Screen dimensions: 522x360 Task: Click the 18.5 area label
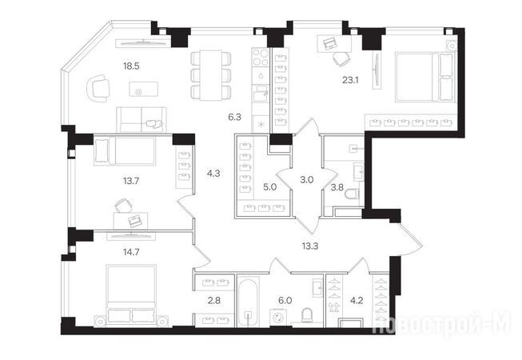tap(131, 66)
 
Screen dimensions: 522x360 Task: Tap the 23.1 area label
tap(350, 80)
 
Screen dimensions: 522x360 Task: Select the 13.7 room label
tap(131, 181)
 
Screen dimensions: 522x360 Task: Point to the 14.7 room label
tap(131, 252)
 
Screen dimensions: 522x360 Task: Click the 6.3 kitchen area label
tap(235, 117)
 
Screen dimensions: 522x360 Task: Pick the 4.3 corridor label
tap(213, 173)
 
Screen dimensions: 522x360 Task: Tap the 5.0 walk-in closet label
tap(270, 187)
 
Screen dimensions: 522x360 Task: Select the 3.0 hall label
tap(307, 180)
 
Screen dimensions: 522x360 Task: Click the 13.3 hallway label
tap(310, 246)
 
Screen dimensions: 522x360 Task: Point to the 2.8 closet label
tap(214, 300)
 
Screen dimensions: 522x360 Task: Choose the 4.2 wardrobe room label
tap(357, 300)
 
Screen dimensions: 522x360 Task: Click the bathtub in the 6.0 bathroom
tap(248, 302)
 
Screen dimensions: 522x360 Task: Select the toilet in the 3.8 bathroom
tap(353, 194)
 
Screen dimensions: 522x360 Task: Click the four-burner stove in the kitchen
tap(261, 58)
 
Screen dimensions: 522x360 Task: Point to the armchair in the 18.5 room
tap(98, 88)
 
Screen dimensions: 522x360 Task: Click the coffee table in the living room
tap(143, 89)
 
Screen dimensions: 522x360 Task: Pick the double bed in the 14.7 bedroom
tap(131, 294)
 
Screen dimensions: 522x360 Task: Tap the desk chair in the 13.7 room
tap(123, 205)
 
